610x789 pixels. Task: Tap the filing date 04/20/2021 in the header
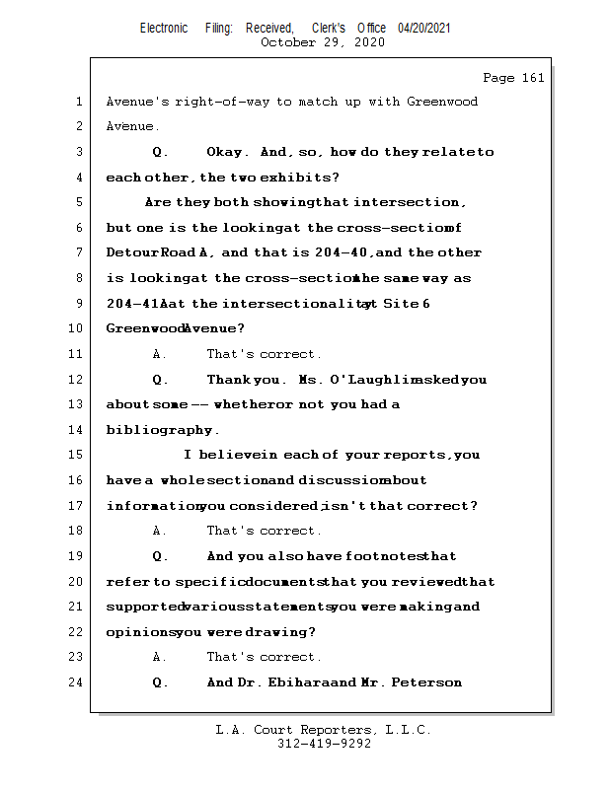pyautogui.click(x=424, y=29)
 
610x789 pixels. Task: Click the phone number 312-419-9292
pyautogui.click(x=324, y=745)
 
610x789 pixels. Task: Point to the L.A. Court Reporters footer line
pyautogui.click(x=324, y=731)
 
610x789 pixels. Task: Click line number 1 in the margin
pyautogui.click(x=78, y=102)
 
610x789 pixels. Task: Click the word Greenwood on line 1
pyautogui.click(x=442, y=102)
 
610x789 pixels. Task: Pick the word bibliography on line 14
pyautogui.click(x=159, y=430)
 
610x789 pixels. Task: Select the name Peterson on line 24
pyautogui.click(x=427, y=682)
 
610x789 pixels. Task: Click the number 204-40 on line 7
pyautogui.click(x=344, y=253)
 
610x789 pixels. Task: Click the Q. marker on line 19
pyautogui.click(x=160, y=556)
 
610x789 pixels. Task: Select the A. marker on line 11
pyautogui.click(x=160, y=354)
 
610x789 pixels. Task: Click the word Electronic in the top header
pyautogui.click(x=164, y=29)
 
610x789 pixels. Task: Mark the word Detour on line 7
pyautogui.click(x=129, y=253)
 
